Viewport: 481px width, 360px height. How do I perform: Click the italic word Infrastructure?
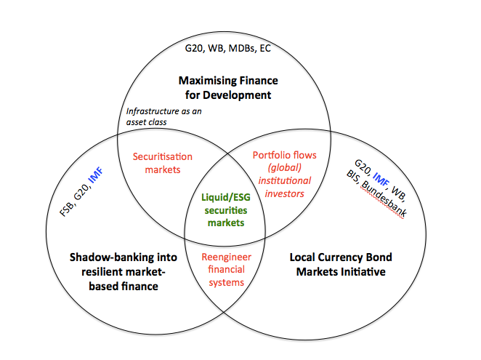point(152,111)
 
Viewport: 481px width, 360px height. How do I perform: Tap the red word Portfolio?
point(270,156)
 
